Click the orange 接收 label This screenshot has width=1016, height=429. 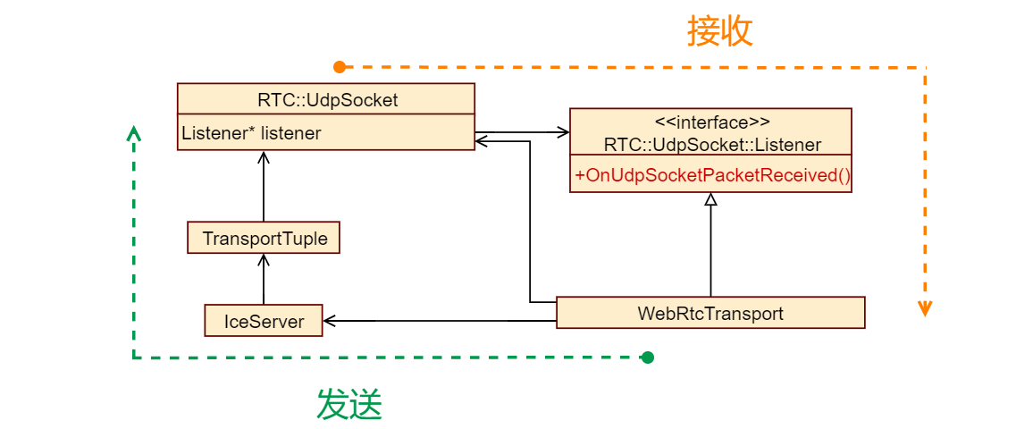click(x=720, y=31)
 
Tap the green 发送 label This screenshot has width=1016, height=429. click(x=349, y=406)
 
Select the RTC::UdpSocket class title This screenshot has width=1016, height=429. click(x=327, y=99)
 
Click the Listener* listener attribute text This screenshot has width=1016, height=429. click(x=252, y=133)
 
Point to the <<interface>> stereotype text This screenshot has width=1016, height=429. click(x=710, y=122)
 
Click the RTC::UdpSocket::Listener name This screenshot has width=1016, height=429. click(x=711, y=144)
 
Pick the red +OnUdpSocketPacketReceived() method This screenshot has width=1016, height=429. click(x=711, y=175)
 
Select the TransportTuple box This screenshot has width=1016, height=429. click(x=264, y=239)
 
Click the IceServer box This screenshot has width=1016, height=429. click(x=264, y=320)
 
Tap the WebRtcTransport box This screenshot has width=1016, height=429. click(x=710, y=313)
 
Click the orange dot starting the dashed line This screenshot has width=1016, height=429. click(x=340, y=67)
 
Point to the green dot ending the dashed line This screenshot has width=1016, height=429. click(x=648, y=357)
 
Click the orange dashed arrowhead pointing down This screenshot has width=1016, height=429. click(x=926, y=309)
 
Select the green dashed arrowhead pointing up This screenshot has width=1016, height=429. click(x=134, y=133)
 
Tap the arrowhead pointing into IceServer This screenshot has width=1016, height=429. click(x=330, y=320)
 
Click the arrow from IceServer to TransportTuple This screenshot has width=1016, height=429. click(x=264, y=280)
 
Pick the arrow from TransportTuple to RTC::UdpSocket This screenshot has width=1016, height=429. click(x=264, y=187)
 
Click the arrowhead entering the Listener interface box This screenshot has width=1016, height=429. click(x=564, y=132)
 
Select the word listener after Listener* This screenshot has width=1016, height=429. click(x=291, y=133)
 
